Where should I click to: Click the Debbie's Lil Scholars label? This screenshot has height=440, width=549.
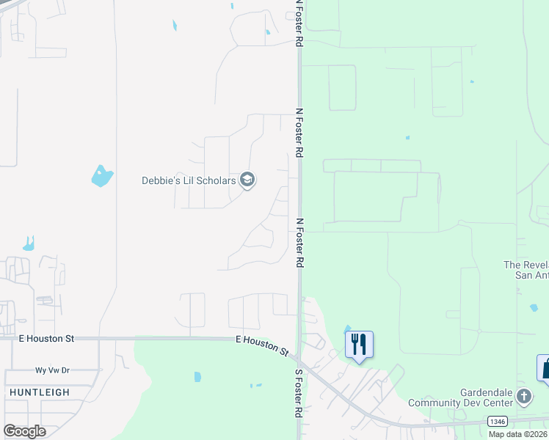pyautogui.click(x=189, y=180)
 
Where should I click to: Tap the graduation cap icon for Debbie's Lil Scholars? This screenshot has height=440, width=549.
pyautogui.click(x=247, y=180)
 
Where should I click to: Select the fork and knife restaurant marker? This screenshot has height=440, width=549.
pyautogui.click(x=359, y=345)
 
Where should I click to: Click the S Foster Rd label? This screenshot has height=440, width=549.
pyautogui.click(x=299, y=392)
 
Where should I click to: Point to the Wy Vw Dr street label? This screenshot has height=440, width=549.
pyautogui.click(x=52, y=370)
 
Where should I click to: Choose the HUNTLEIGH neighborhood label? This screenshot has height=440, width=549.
pyautogui.click(x=40, y=392)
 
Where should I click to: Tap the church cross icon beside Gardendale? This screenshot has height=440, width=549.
pyautogui.click(x=524, y=397)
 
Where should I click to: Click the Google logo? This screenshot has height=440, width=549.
pyautogui.click(x=25, y=431)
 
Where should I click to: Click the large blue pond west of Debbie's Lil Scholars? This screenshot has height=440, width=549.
pyautogui.click(x=101, y=176)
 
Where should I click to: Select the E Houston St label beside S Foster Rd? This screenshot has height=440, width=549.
pyautogui.click(x=263, y=345)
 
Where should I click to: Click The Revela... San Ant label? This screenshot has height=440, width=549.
pyautogui.click(x=526, y=270)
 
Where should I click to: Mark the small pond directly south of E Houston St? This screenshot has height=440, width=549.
pyautogui.click(x=197, y=377)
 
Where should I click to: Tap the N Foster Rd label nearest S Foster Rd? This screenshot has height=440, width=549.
pyautogui.click(x=299, y=242)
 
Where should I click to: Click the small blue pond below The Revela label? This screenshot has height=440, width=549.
pyautogui.click(x=534, y=308)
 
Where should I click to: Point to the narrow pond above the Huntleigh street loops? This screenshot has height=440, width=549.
pyautogui.click(x=29, y=243)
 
